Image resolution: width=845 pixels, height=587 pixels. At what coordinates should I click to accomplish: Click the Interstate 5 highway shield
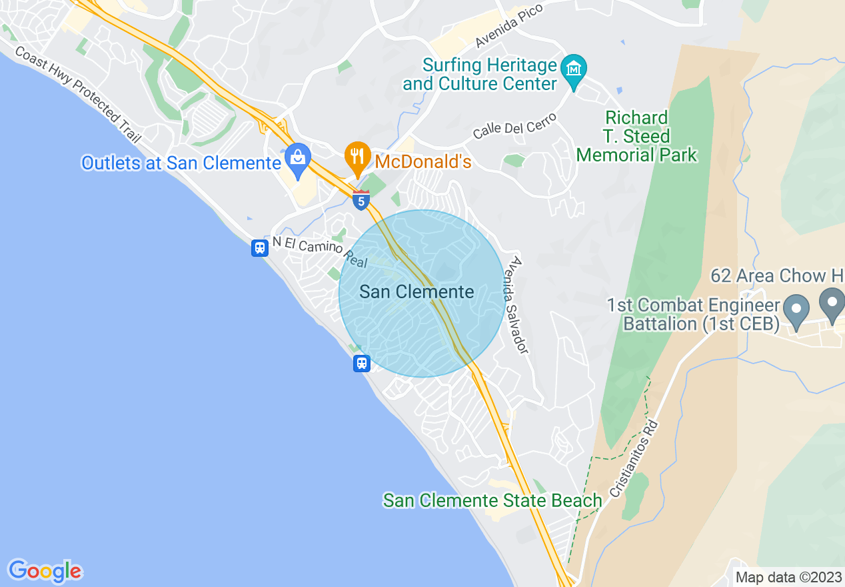tap(361, 199)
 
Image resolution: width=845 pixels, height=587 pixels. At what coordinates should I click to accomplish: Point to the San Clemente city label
tap(417, 291)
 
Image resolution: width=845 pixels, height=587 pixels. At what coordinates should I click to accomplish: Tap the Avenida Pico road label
tap(509, 25)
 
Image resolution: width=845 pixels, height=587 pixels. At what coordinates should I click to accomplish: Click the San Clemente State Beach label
tap(492, 500)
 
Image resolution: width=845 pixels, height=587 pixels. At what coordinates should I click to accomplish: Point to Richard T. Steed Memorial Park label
tap(636, 137)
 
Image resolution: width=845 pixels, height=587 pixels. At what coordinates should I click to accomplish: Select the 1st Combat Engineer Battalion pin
tap(796, 311)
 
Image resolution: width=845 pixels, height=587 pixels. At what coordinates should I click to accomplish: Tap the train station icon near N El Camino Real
tap(260, 248)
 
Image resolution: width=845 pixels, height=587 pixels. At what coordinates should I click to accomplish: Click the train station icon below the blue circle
tap(361, 364)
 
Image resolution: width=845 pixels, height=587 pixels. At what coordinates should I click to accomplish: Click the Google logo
tap(45, 571)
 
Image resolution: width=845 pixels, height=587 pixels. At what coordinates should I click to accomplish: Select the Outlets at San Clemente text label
tap(181, 163)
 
